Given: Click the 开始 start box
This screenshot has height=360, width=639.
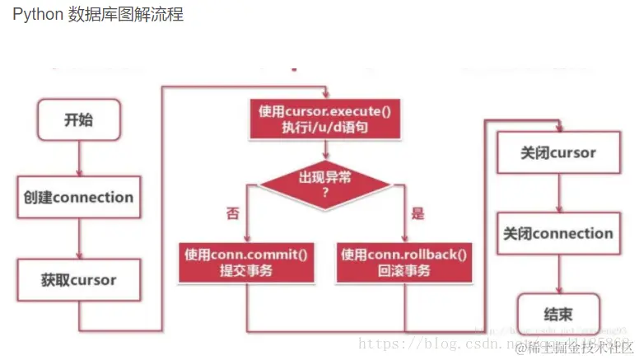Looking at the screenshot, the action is (79, 120).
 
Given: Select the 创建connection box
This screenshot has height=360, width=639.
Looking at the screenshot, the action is (79, 198).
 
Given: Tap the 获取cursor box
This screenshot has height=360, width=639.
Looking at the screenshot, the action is (79, 280).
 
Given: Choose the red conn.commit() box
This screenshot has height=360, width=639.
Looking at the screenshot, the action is (247, 262).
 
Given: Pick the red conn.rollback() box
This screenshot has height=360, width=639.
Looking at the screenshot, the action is (405, 262).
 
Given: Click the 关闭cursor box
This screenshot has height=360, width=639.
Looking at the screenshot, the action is (558, 153).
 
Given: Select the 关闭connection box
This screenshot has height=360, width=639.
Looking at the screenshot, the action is (558, 234).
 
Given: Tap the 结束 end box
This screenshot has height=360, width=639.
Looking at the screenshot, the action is (558, 314).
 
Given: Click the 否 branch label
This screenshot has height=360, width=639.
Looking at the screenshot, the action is (233, 214).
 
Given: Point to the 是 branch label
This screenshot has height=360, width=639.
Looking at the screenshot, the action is (417, 214).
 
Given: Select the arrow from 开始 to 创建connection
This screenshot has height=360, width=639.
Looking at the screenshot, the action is (79, 157).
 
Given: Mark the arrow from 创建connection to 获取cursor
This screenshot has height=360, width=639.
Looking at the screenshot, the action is (79, 239).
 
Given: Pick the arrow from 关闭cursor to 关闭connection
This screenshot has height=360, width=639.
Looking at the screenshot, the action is (558, 193).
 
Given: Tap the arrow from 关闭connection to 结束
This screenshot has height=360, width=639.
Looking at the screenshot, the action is (558, 274).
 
